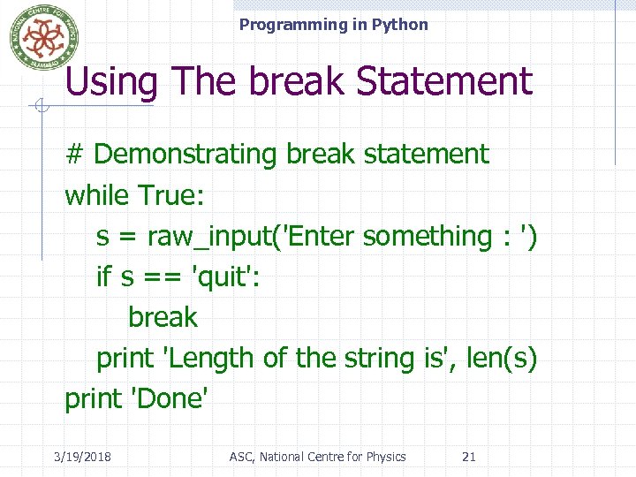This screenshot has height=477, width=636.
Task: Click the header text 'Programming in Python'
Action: (x=333, y=25)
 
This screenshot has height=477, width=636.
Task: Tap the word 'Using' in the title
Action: (x=111, y=82)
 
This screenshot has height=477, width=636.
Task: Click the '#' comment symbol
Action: (x=74, y=155)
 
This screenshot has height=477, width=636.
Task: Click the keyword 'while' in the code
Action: (x=97, y=195)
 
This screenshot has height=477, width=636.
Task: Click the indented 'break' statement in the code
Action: (x=163, y=317)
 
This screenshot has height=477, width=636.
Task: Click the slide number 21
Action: (x=469, y=457)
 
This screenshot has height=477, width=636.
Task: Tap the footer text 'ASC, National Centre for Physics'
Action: (x=317, y=457)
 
